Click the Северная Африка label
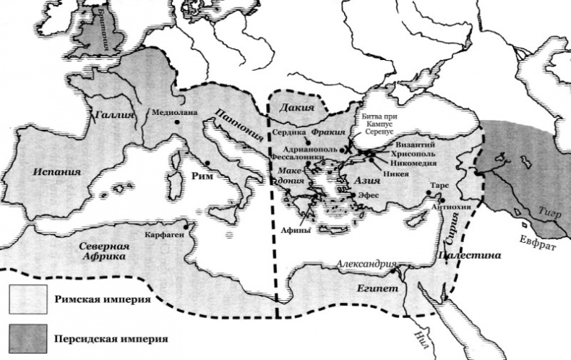tap(110, 251)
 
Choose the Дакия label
tap(296, 108)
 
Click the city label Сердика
tap(288, 133)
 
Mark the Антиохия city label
tap(450, 207)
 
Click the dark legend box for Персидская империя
tap(23, 338)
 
